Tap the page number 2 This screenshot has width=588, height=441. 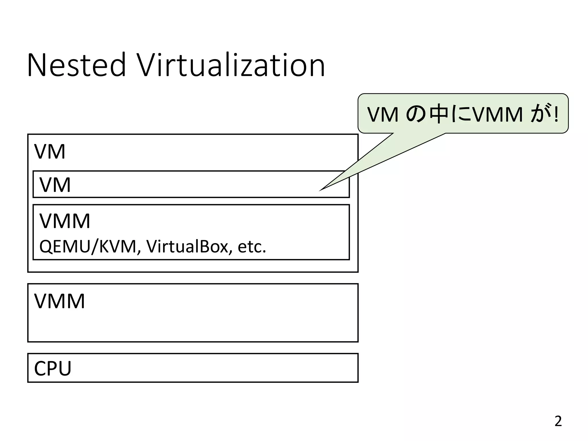point(558,421)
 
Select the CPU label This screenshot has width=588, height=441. point(53,369)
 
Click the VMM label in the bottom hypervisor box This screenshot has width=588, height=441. point(59,301)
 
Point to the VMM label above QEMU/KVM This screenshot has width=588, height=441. point(65,221)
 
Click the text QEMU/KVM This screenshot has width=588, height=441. point(88,247)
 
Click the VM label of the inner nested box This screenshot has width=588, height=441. point(55,185)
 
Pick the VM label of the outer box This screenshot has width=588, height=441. point(50,152)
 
